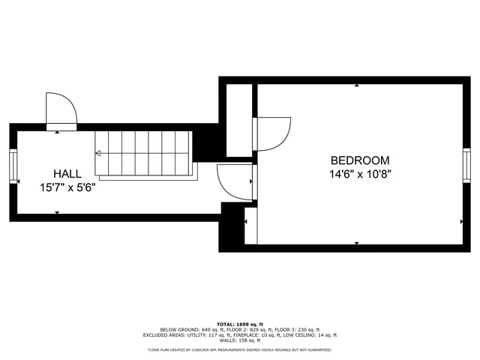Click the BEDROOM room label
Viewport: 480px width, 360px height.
[360, 160]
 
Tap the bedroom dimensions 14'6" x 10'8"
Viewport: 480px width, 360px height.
[360, 174]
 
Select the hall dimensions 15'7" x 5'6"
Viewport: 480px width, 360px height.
[67, 187]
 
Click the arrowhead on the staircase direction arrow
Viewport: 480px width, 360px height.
[97, 153]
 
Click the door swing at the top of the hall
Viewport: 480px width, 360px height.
[61, 110]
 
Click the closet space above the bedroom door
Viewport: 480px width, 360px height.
[240, 120]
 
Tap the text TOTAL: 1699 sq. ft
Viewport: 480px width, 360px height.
[240, 323]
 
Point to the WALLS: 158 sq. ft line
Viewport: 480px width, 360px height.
[240, 341]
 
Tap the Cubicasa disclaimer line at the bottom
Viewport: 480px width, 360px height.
[240, 350]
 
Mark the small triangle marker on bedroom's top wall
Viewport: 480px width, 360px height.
[357, 85]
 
